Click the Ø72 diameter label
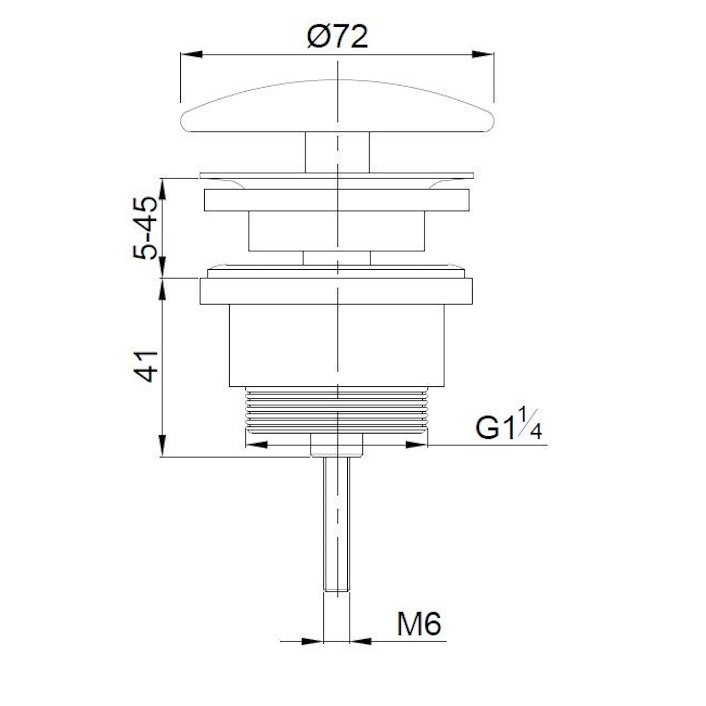[337, 37]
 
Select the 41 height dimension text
[145, 366]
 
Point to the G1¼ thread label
[508, 424]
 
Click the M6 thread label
[419, 624]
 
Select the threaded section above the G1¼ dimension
[337, 409]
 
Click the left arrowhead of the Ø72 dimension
[192, 54]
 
